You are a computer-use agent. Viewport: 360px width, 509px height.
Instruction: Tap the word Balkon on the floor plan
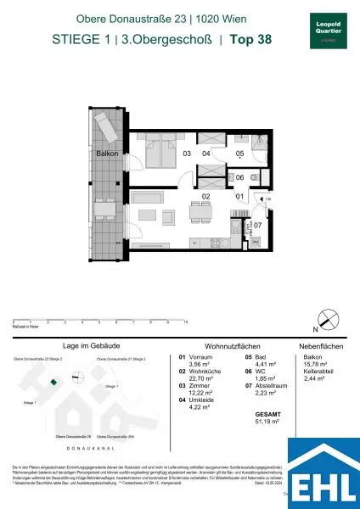(107, 154)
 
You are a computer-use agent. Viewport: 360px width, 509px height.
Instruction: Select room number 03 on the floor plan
(186, 154)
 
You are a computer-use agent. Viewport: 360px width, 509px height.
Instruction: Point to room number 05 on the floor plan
(239, 154)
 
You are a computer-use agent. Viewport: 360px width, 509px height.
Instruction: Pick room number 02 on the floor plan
(205, 196)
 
